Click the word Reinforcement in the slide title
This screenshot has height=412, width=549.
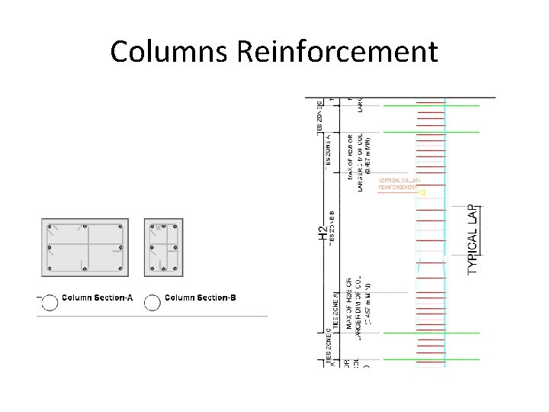(337, 52)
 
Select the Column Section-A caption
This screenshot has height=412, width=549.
(97, 298)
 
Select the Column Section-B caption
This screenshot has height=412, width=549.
(201, 298)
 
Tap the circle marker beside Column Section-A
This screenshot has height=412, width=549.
(49, 302)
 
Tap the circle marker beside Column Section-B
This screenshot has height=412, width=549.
(152, 302)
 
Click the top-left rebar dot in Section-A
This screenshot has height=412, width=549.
(50, 227)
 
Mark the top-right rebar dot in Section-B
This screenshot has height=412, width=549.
(175, 227)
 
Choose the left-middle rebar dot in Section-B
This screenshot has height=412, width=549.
(152, 247)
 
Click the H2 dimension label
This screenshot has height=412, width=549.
(323, 233)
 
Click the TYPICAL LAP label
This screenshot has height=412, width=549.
(474, 239)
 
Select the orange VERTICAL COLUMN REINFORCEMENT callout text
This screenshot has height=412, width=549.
(398, 183)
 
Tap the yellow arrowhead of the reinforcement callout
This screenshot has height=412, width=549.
(422, 193)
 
